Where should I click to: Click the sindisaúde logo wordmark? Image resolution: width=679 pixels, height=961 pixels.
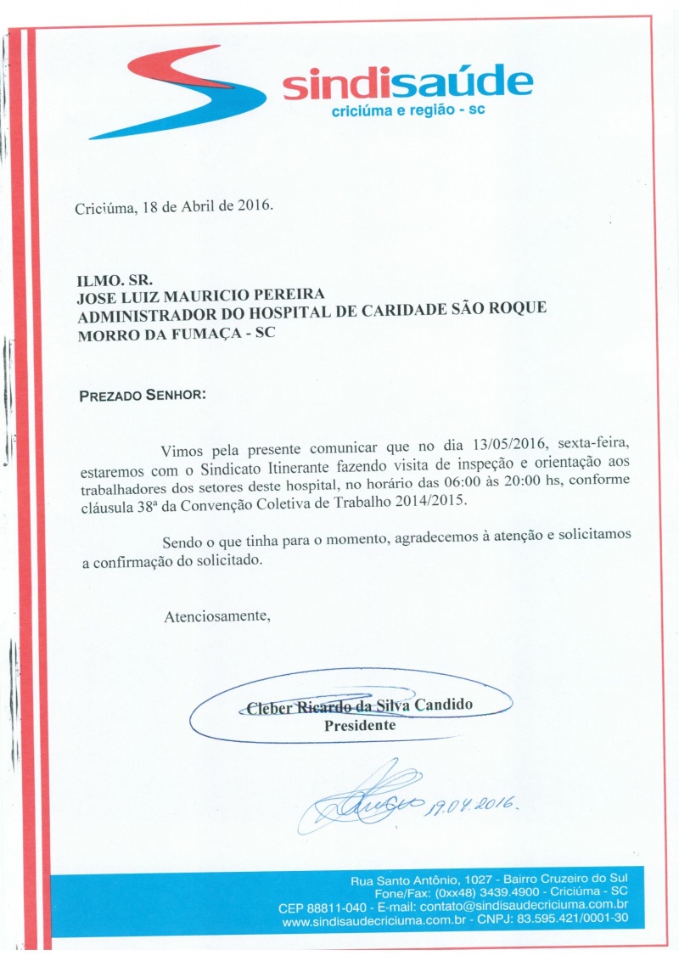(407, 83)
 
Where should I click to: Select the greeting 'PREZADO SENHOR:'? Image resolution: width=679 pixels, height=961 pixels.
(142, 396)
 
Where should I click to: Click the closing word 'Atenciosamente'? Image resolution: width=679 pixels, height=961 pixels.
(216, 616)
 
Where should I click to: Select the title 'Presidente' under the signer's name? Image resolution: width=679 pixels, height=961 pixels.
(359, 726)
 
